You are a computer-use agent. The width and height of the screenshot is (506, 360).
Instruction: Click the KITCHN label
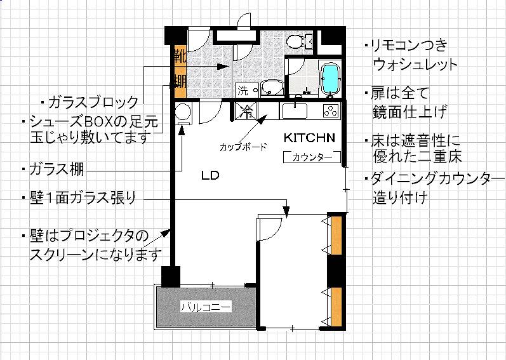309,138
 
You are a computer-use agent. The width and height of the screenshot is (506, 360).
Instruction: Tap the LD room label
210,175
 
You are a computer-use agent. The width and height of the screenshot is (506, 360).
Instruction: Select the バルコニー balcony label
206,307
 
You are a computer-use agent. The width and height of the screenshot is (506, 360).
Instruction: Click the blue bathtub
330,77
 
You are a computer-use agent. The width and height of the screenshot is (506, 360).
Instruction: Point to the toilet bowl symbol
295,42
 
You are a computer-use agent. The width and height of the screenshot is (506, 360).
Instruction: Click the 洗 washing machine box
246,90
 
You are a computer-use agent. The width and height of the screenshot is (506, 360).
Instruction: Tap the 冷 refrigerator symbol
246,111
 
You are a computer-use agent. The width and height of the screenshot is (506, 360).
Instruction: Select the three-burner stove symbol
331,110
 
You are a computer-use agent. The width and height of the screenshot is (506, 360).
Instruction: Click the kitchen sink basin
295,111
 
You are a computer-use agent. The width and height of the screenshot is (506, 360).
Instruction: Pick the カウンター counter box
312,157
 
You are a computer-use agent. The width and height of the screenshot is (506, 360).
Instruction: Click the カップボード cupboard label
243,147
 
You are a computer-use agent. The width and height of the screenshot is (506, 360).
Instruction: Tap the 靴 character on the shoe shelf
180,57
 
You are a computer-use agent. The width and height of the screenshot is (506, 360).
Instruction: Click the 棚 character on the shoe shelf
180,81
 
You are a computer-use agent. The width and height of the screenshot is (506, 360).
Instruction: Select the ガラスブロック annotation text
93,102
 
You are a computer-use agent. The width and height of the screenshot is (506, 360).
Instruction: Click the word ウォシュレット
415,65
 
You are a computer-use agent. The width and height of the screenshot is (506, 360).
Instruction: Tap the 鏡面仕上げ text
410,112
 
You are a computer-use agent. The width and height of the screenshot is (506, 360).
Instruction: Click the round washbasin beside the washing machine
272,88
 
